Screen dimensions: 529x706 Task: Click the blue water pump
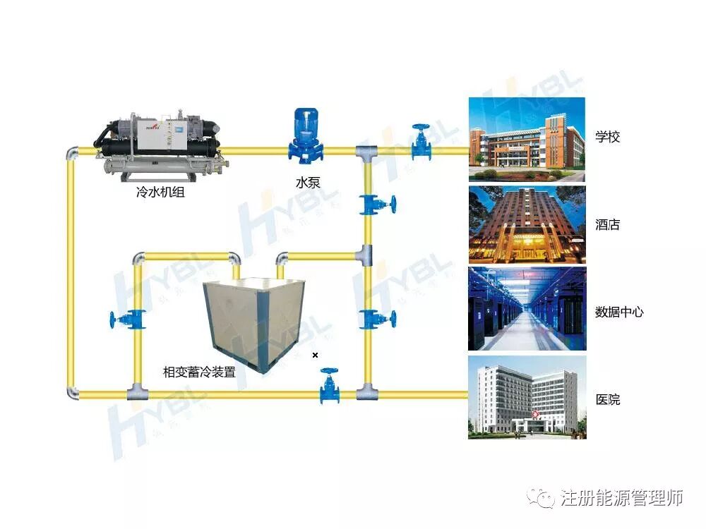[305, 138]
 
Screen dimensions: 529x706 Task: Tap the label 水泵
[308, 183]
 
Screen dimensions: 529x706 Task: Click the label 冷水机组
[160, 191]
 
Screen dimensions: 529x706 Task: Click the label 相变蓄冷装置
[199, 372]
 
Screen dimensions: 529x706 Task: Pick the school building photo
[527, 139]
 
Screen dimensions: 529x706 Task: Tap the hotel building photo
[527, 226]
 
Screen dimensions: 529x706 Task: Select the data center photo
[527, 310]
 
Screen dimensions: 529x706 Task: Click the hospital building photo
[527, 397]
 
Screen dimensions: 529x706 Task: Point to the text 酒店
[607, 225]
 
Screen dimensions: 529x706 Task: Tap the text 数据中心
[619, 312]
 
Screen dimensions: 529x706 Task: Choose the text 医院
[608, 399]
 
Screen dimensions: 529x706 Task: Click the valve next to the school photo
[421, 141]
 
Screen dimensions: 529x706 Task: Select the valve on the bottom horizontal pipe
[328, 385]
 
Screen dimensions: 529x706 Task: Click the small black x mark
[316, 355]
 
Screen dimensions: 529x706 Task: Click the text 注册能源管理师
[622, 498]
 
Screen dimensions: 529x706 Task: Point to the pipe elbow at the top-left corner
[72, 153]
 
